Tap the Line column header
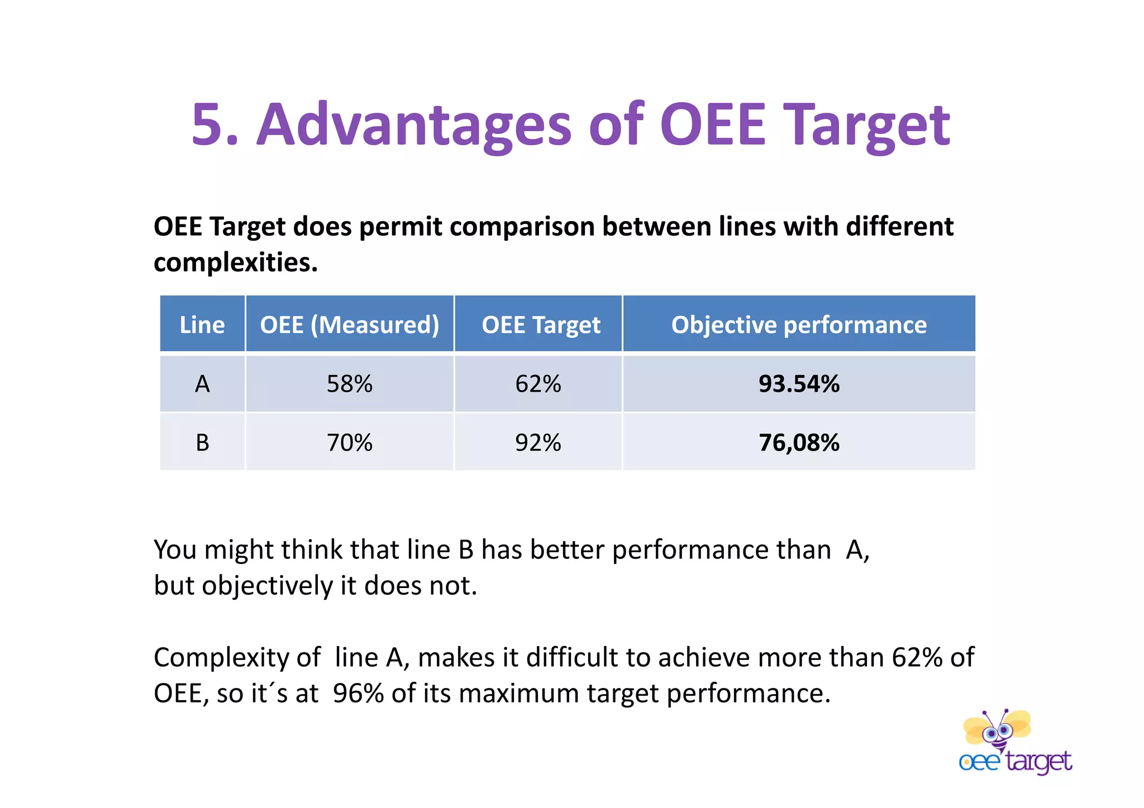pos(202,324)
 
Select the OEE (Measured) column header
pos(350,324)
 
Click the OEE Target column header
pos(541,324)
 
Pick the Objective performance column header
pos(799,324)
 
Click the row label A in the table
pos(202,384)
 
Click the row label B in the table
pos(202,443)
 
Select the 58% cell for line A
pos(350,384)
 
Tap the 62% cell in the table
pos(538,384)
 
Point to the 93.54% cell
pos(799,384)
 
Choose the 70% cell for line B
pos(350,443)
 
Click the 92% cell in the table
pos(538,443)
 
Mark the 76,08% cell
pos(799,443)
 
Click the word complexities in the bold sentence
pos(235,262)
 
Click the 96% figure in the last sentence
pos(358,694)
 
